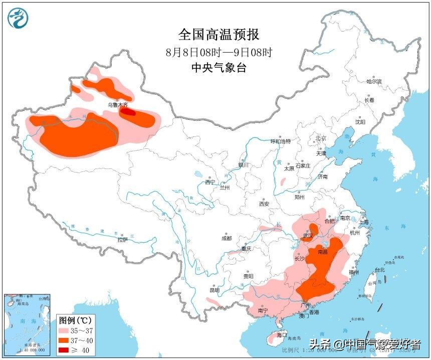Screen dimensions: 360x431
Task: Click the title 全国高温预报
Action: (219, 35)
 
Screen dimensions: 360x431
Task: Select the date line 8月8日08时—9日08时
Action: (219, 52)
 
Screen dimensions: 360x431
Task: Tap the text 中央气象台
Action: (219, 68)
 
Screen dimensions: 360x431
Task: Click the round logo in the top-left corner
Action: (18, 18)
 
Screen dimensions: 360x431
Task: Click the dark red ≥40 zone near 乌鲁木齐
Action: (129, 112)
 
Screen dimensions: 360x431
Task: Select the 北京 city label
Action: (321, 138)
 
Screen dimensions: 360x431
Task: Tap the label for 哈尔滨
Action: (374, 81)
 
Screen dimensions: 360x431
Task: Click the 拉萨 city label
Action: (123, 240)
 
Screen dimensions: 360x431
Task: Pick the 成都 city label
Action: (226, 238)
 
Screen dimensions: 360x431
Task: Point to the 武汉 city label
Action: (308, 236)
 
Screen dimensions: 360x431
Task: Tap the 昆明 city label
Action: (214, 290)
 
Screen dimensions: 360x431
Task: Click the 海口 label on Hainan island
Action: (282, 334)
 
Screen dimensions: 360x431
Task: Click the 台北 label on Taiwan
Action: (379, 270)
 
